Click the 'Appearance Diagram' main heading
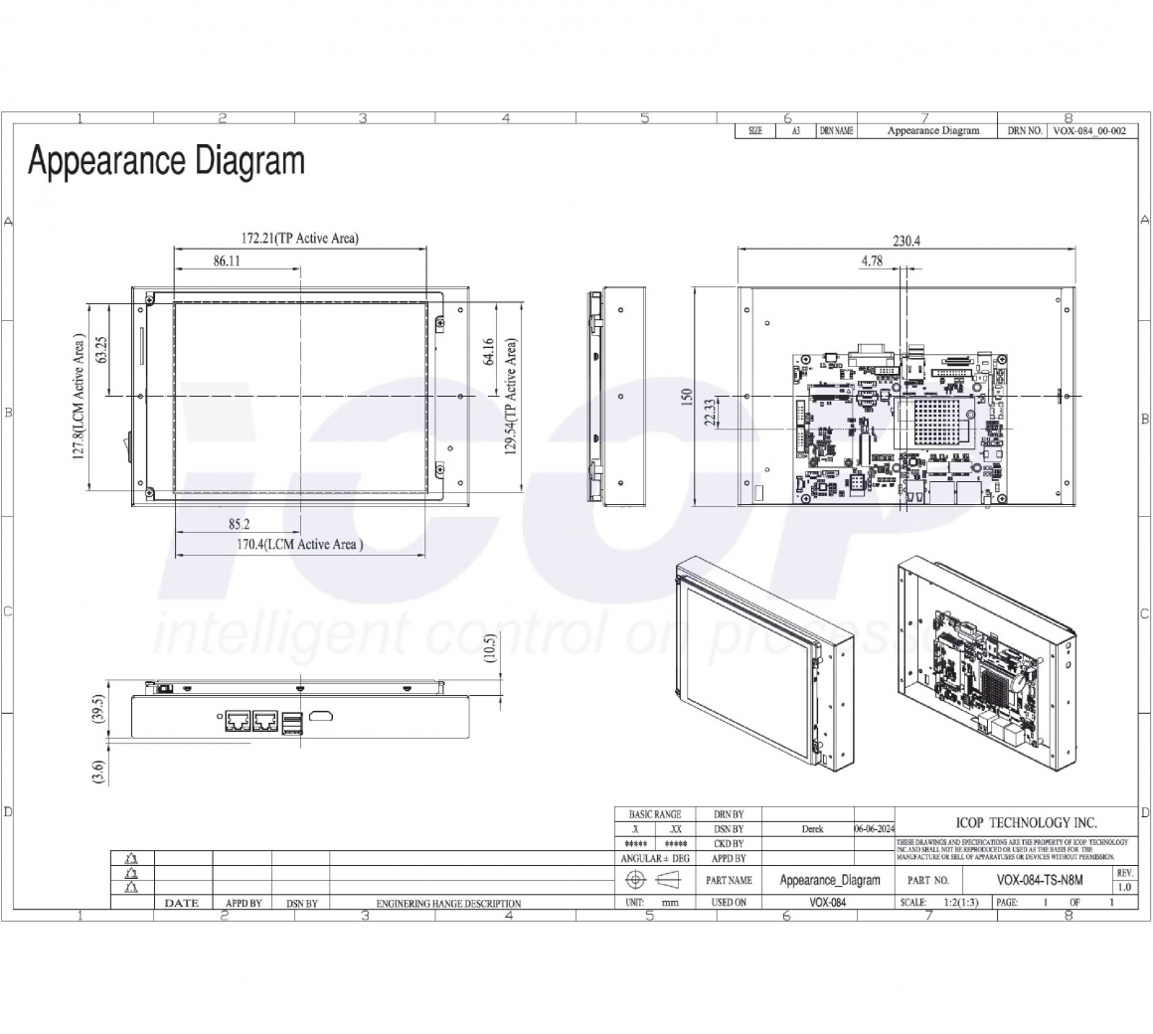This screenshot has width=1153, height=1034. [x=166, y=161]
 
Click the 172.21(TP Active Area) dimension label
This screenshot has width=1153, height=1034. [x=299, y=239]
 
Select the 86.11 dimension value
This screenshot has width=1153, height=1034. [x=227, y=261]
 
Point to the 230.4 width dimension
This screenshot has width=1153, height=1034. [x=906, y=241]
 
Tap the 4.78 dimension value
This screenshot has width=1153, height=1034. [x=871, y=261]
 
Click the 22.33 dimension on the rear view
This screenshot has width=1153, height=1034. [x=710, y=413]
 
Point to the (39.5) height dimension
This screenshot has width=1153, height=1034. [x=96, y=716]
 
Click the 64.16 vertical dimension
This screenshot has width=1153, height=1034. [x=489, y=353]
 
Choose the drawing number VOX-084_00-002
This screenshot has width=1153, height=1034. [x=1088, y=131]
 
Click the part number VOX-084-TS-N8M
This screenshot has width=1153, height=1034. [x=1039, y=880]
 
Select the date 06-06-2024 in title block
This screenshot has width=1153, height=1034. [x=874, y=828]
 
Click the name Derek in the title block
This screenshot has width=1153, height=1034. [x=812, y=828]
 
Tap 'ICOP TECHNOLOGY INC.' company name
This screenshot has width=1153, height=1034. [x=1026, y=822]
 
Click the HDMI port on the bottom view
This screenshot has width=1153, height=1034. [x=321, y=717]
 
